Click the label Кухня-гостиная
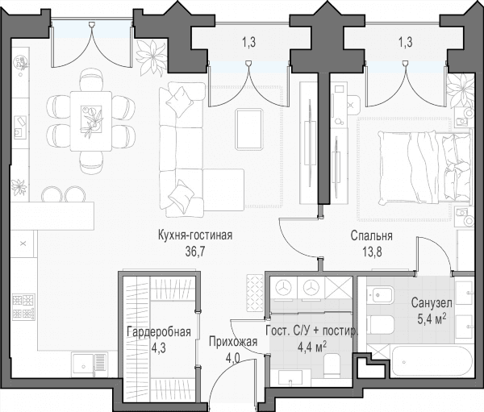tap(194, 235)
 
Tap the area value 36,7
tap(194, 252)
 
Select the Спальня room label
tap(372, 235)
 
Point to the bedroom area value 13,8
tap(372, 252)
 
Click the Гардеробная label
tap(159, 332)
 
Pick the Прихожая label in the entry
tap(233, 342)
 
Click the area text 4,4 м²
tap(312, 347)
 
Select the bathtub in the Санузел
tap(432, 360)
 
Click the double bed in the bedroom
tap(425, 167)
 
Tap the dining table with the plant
tap(90, 121)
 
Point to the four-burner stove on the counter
tap(23, 306)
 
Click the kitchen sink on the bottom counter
tap(90, 364)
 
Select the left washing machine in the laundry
tap(284, 287)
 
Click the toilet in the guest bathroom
tap(332, 365)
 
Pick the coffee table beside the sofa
tap(248, 129)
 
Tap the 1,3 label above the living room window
tap(248, 42)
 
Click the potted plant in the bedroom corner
tap(461, 90)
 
